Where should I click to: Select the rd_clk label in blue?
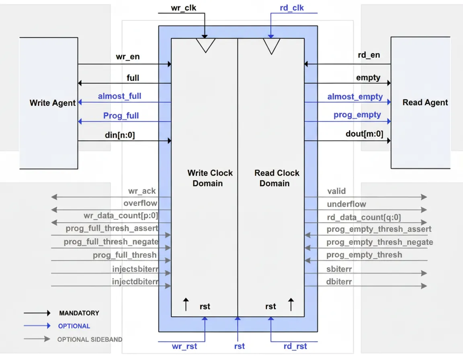tap(291, 8)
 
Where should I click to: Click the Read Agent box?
tap(420, 102)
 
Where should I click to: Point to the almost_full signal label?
tap(119, 96)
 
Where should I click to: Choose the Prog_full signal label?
tap(121, 116)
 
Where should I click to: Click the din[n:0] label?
tap(120, 135)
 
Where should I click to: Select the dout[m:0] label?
tap(364, 134)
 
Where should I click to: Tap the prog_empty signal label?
tap(357, 115)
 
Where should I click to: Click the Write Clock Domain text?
tap(210, 178)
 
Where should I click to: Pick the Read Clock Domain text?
tap(277, 178)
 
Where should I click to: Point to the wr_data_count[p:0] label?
tap(121, 216)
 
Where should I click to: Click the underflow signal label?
tap(346, 204)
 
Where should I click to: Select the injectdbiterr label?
tap(135, 282)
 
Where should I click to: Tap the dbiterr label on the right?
tap(339, 282)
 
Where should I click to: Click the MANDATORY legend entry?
tap(79, 313)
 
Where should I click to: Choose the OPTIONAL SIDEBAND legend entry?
tap(90, 340)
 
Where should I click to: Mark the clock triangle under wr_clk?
tap(205, 45)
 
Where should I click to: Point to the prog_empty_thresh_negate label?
tap(379, 242)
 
